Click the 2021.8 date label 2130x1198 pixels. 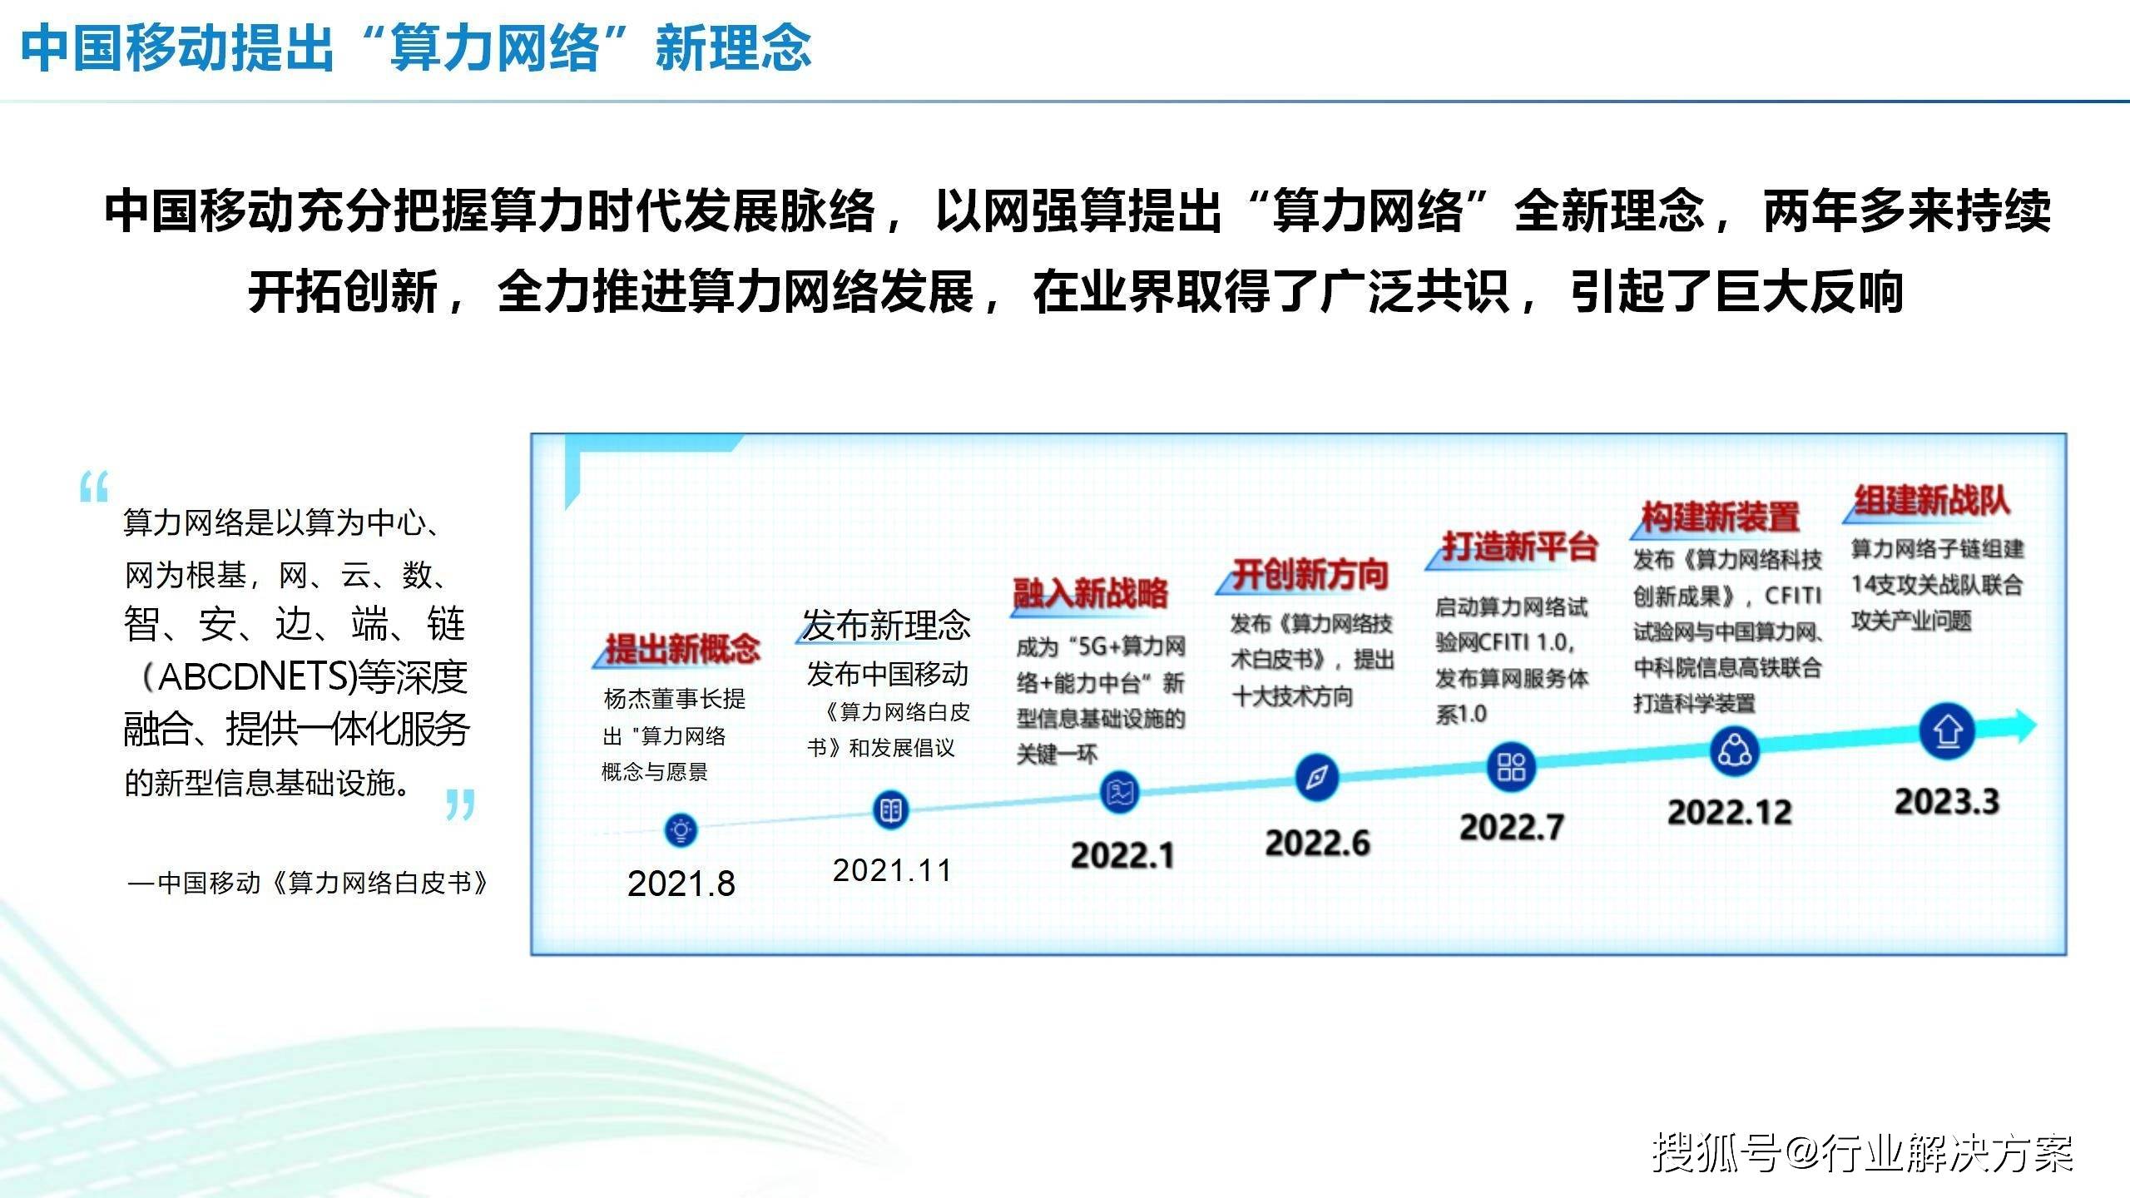tap(681, 884)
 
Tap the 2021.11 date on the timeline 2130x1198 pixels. tap(892, 870)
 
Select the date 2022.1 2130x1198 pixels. tap(1122, 855)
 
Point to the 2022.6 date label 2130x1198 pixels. tap(1317, 843)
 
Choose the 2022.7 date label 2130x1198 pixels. tap(1512, 827)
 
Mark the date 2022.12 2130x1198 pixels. tap(1729, 812)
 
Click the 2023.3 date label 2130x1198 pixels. tap(1946, 801)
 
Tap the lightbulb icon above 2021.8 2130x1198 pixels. tap(681, 829)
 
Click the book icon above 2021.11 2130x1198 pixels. tap(890, 809)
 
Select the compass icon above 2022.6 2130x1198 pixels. tap(1316, 777)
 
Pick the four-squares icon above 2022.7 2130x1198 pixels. tap(1511, 765)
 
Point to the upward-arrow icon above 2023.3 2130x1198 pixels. tap(1947, 731)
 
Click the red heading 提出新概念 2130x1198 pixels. tap(682, 648)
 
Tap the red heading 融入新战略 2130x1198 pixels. tap(1090, 593)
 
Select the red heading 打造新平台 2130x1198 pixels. tap(1519, 547)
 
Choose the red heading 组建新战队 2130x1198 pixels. tap(1932, 500)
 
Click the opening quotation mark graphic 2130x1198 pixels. tap(94, 487)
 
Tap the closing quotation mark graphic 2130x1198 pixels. tap(460, 804)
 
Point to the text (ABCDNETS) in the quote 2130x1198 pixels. tap(250, 676)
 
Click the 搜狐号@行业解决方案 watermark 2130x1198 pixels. tap(1862, 1153)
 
